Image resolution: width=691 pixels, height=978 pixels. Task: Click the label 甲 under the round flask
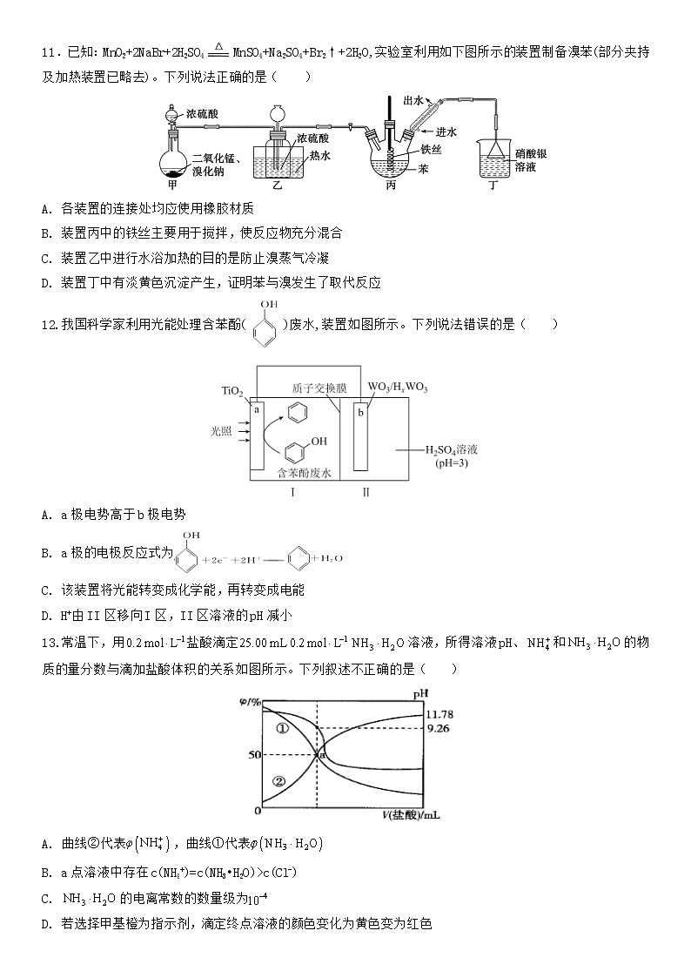click(x=172, y=185)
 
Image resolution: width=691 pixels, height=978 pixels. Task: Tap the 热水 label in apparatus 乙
click(x=319, y=156)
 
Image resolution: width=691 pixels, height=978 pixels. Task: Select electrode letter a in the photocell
click(x=257, y=408)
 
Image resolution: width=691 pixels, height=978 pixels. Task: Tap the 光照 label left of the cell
click(x=222, y=431)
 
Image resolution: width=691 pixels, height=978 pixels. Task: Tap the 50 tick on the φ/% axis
click(x=254, y=754)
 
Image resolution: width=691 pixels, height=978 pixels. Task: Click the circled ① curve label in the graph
click(x=280, y=728)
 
